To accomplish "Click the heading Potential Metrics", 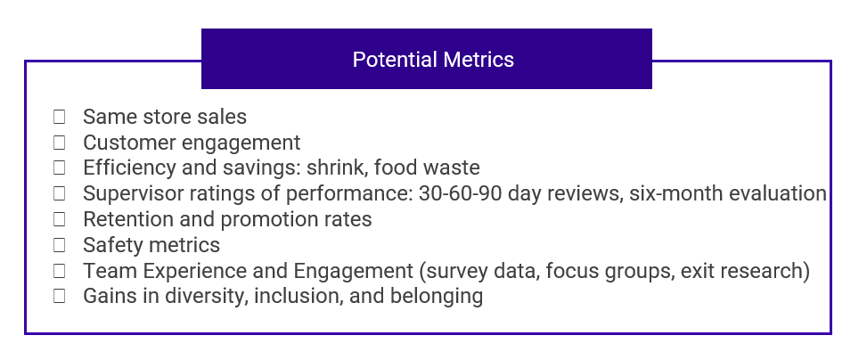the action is coord(433,60).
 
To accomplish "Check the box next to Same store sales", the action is coord(59,117).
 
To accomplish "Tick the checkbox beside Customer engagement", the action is coord(59,143).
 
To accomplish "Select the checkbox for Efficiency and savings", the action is coord(59,168).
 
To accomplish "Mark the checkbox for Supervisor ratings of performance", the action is coord(59,193).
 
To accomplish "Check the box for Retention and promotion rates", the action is coord(59,219).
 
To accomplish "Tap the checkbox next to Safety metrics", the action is coord(59,245).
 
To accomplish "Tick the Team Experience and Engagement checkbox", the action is coord(59,271).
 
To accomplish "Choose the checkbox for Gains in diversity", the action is coord(59,296).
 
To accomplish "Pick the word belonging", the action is coord(437,297).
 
